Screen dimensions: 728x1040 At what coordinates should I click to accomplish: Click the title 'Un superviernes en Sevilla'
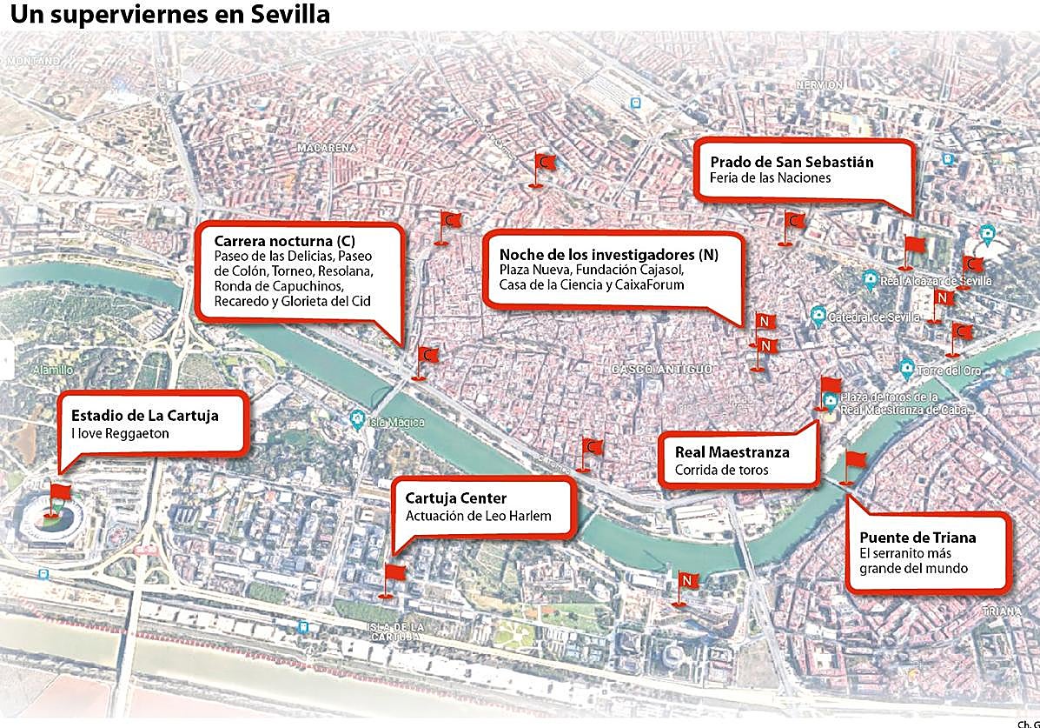[x=169, y=15]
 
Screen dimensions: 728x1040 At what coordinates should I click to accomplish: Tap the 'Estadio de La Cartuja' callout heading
[x=144, y=415]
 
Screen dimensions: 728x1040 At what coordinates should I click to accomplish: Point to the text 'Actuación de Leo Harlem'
[x=478, y=516]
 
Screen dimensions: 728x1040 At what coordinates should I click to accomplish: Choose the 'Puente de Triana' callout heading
[x=917, y=537]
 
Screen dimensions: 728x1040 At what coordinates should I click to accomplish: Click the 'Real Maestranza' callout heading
[x=732, y=452]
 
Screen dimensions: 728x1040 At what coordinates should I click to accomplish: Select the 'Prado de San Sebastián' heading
[x=792, y=162]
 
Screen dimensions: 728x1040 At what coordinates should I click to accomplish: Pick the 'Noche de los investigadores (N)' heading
[x=608, y=255]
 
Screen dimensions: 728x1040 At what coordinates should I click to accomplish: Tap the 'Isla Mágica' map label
[x=396, y=422]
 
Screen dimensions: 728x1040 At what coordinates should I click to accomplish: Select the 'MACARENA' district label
[x=326, y=148]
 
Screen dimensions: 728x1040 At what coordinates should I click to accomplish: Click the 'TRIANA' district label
[x=1002, y=611]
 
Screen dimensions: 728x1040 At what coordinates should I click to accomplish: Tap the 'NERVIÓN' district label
[x=819, y=85]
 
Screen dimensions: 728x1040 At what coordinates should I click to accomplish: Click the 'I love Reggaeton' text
[x=120, y=433]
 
